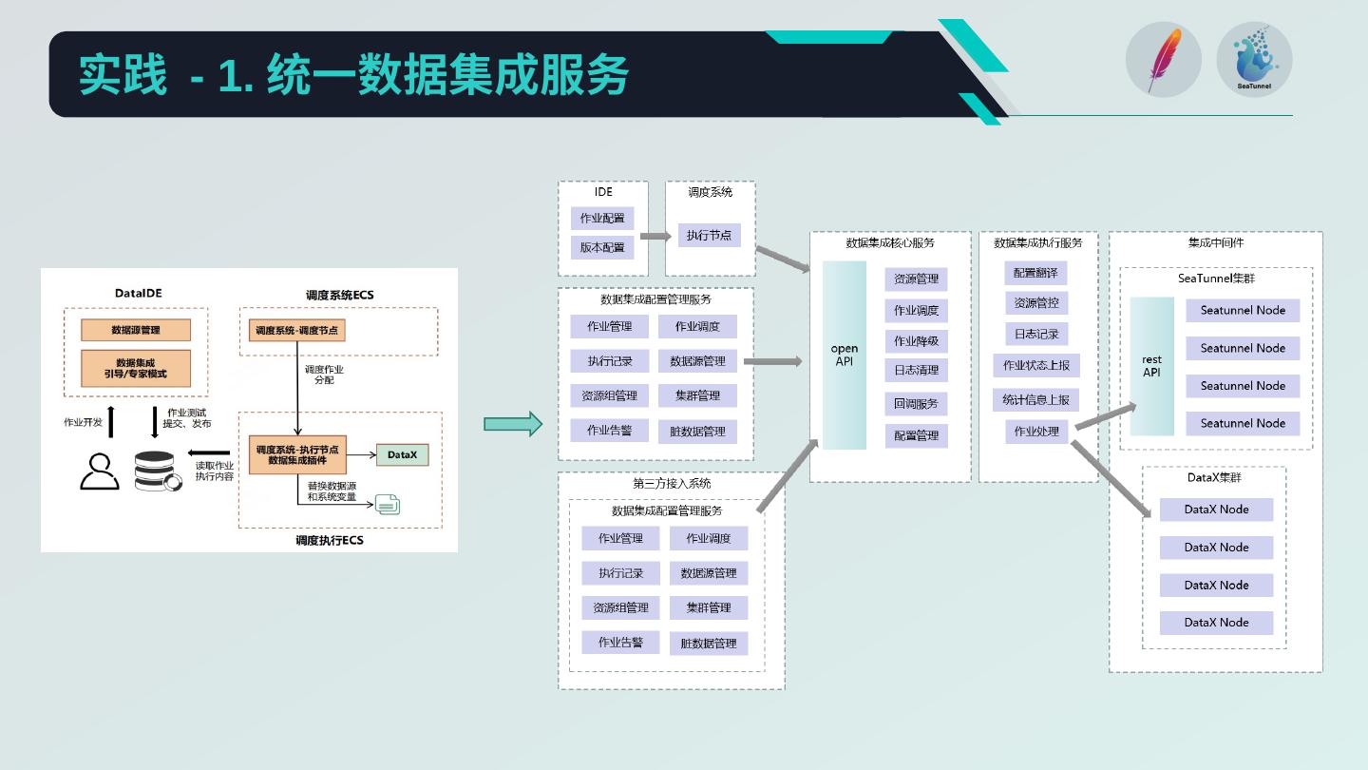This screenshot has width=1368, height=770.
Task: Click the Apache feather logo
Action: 1164,59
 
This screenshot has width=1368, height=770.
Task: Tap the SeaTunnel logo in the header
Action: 1254,59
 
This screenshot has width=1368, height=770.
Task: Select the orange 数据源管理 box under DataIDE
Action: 136,330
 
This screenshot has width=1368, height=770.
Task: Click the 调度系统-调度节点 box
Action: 297,331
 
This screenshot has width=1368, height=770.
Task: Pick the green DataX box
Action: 402,455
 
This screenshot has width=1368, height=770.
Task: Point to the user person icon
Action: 100,472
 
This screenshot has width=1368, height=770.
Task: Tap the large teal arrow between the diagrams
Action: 513,424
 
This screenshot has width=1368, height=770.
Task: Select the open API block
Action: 845,355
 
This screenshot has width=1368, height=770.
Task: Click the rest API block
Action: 1151,366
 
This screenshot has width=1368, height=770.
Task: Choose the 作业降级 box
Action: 916,341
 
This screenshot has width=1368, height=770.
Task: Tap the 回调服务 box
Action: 916,404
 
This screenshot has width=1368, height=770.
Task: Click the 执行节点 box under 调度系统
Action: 709,235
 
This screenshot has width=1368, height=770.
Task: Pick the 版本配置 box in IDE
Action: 602,247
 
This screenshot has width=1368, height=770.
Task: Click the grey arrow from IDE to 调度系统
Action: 655,236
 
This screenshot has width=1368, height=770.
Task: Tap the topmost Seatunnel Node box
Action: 1243,311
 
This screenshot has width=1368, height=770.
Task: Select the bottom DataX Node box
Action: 1216,623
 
